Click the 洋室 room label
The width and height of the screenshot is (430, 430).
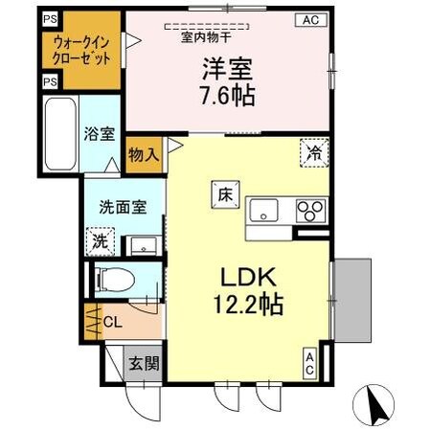(x=227, y=70)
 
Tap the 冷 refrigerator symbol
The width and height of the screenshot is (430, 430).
(x=315, y=150)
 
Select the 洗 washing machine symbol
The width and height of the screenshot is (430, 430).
(x=100, y=242)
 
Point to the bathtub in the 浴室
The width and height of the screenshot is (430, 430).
(x=62, y=133)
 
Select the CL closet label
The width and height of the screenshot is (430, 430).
(x=111, y=322)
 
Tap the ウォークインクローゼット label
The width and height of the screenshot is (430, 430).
(x=84, y=49)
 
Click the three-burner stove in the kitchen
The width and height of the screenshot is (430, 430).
(x=311, y=209)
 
